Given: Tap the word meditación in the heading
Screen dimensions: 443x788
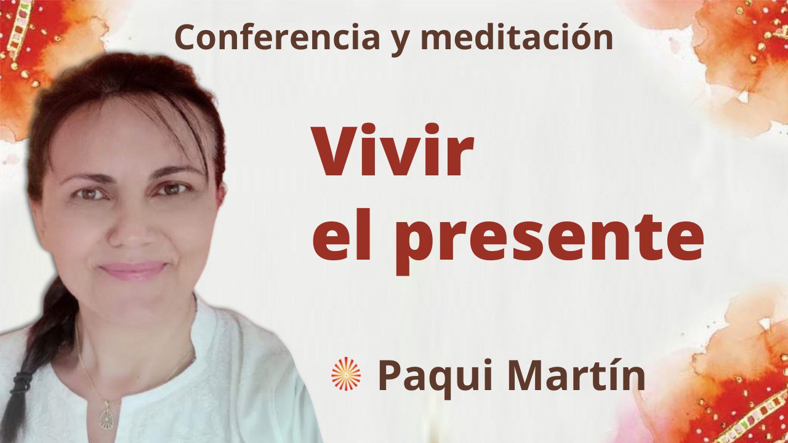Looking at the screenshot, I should pyautogui.click(x=517, y=38).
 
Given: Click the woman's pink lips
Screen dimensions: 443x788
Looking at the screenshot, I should pyautogui.click(x=133, y=269).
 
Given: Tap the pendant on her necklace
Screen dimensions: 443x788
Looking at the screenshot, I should pyautogui.click(x=107, y=418).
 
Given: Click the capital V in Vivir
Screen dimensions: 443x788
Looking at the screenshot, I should pyautogui.click(x=336, y=154).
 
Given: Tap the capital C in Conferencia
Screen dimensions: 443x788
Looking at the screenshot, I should pyautogui.click(x=184, y=38).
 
